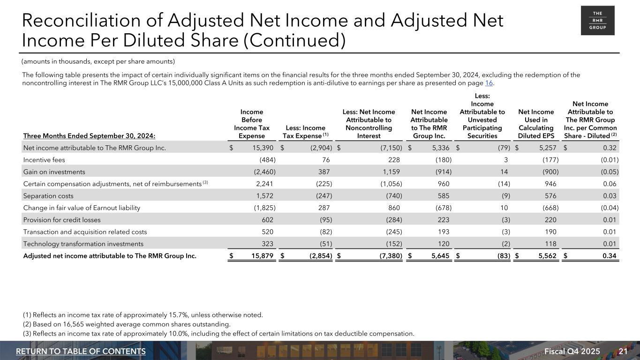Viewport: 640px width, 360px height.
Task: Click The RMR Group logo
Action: pyautogui.click(x=597, y=21)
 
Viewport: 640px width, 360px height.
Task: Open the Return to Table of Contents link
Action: pyautogui.click(x=81, y=352)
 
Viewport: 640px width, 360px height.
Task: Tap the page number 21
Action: pyautogui.click(x=623, y=352)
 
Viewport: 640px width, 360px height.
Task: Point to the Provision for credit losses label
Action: pyautogui.click(x=61, y=219)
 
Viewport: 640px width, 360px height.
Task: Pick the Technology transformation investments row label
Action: pyautogui.click(x=83, y=244)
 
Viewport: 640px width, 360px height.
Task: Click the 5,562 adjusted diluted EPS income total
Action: pyautogui.click(x=544, y=256)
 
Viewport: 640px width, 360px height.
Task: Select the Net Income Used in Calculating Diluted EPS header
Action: pyautogui.click(x=536, y=124)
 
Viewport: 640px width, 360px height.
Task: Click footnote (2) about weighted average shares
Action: pyautogui.click(x=127, y=324)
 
